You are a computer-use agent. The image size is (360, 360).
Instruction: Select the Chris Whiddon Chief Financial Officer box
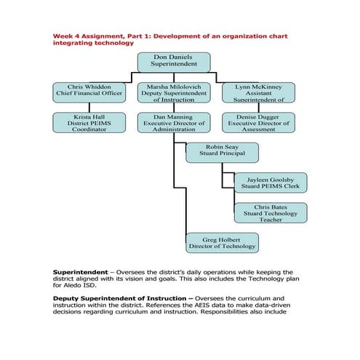89,92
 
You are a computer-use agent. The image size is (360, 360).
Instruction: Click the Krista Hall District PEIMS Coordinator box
89,121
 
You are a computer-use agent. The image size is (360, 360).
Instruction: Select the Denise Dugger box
258,121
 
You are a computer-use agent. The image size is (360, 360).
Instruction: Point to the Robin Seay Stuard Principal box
222,151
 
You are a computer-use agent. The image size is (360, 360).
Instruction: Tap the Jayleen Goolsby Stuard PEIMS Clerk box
270,182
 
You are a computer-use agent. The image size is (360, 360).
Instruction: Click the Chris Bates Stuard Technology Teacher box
270,212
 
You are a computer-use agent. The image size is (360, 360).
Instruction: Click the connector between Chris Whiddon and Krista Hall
89,107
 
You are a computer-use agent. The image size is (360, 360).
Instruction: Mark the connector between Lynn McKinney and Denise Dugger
258,107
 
